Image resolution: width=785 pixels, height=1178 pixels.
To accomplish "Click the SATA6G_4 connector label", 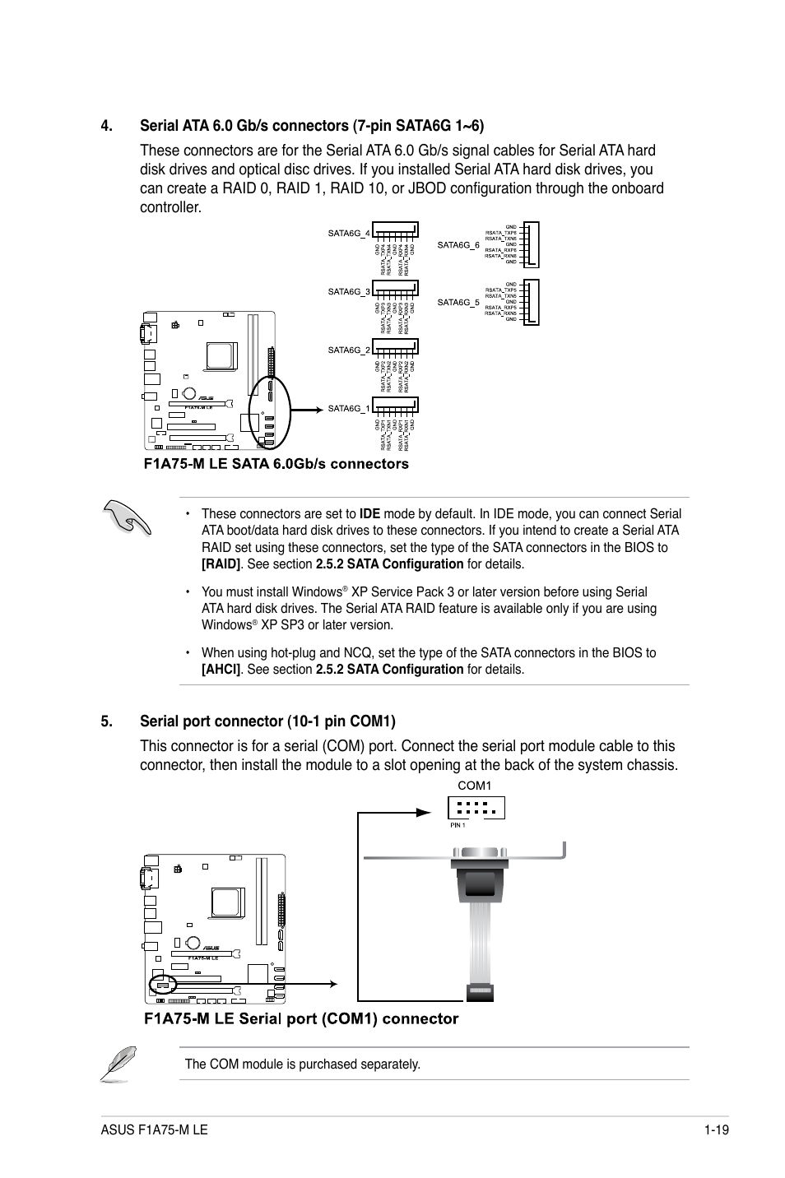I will [349, 233].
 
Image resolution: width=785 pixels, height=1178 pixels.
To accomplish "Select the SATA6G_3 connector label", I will [349, 291].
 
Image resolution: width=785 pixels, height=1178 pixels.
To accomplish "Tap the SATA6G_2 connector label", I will [349, 350].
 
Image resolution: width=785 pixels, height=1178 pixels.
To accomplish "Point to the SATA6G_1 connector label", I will [349, 409].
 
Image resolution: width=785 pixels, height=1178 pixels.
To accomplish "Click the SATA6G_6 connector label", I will [458, 244].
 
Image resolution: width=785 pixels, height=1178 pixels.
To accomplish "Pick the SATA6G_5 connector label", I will [458, 303].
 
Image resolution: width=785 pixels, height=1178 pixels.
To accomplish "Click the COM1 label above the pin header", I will [475, 786].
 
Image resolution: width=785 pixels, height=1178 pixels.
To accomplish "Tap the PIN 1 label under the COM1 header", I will [458, 825].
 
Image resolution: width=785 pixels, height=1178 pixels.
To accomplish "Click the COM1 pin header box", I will [476, 808].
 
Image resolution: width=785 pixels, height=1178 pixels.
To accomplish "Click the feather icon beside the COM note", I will [118, 1063].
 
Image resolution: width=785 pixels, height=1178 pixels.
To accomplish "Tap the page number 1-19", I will [717, 1130].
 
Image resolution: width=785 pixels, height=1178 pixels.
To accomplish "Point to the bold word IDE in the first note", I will [369, 514].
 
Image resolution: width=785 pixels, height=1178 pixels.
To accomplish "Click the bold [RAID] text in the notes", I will [222, 564].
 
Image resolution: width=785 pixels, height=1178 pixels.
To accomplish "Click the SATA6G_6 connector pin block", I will [531, 244].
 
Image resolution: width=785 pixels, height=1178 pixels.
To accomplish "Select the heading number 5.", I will [106, 721].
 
